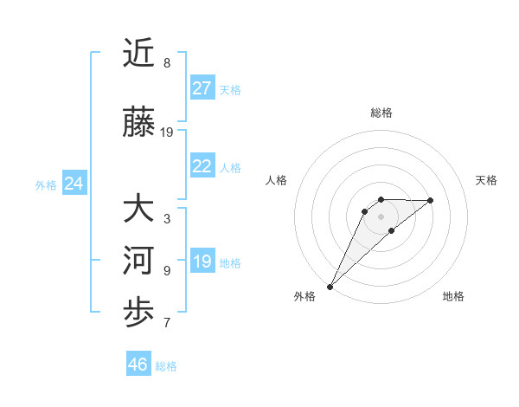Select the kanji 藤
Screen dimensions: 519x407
tap(140, 123)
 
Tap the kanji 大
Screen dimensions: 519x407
tap(140, 210)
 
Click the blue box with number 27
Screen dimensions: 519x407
tap(202, 88)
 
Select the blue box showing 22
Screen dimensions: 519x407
tap(202, 166)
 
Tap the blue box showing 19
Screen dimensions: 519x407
tap(202, 262)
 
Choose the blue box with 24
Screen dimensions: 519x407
tap(74, 184)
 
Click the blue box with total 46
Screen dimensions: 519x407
tap(138, 365)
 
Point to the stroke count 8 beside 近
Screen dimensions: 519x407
tap(167, 63)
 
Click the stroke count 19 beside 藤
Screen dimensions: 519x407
tap(167, 132)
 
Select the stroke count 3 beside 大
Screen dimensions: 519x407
tap(167, 219)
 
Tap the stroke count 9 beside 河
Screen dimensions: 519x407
tap(167, 271)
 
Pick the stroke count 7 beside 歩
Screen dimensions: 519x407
tap(167, 323)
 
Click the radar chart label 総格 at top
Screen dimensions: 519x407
tap(381, 113)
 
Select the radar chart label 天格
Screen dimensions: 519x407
tap(487, 180)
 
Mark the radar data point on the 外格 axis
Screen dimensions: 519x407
tap(330, 286)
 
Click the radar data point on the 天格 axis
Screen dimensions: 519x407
tap(431, 200)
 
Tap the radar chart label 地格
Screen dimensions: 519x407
tap(453, 296)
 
